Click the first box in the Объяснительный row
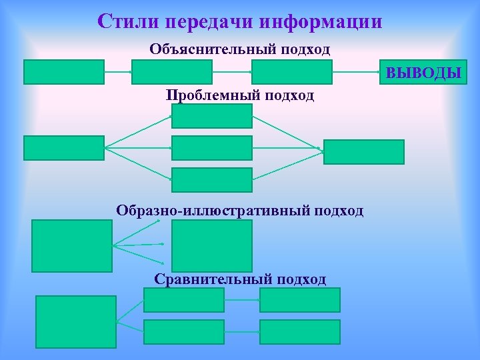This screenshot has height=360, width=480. pyautogui.click(x=64, y=72)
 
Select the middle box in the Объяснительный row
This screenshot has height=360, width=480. pyautogui.click(x=172, y=72)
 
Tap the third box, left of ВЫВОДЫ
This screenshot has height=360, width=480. pyautogui.click(x=291, y=72)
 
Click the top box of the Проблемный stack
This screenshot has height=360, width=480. pyautogui.click(x=212, y=116)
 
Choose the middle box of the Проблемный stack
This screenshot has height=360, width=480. pyautogui.click(x=212, y=148)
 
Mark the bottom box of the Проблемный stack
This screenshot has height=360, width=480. pyautogui.click(x=212, y=180)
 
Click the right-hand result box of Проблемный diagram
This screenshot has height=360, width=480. pyautogui.click(x=364, y=151)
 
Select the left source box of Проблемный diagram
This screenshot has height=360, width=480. pyautogui.click(x=64, y=148)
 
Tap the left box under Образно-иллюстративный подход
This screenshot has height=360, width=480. pyautogui.click(x=72, y=245)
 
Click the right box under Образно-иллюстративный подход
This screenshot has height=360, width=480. pyautogui.click(x=212, y=245)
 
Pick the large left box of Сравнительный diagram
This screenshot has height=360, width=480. pyautogui.click(x=75, y=321)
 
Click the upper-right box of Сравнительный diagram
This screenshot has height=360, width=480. pyautogui.click(x=300, y=300)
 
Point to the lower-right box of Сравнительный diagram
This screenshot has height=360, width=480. pyautogui.click(x=300, y=332)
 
